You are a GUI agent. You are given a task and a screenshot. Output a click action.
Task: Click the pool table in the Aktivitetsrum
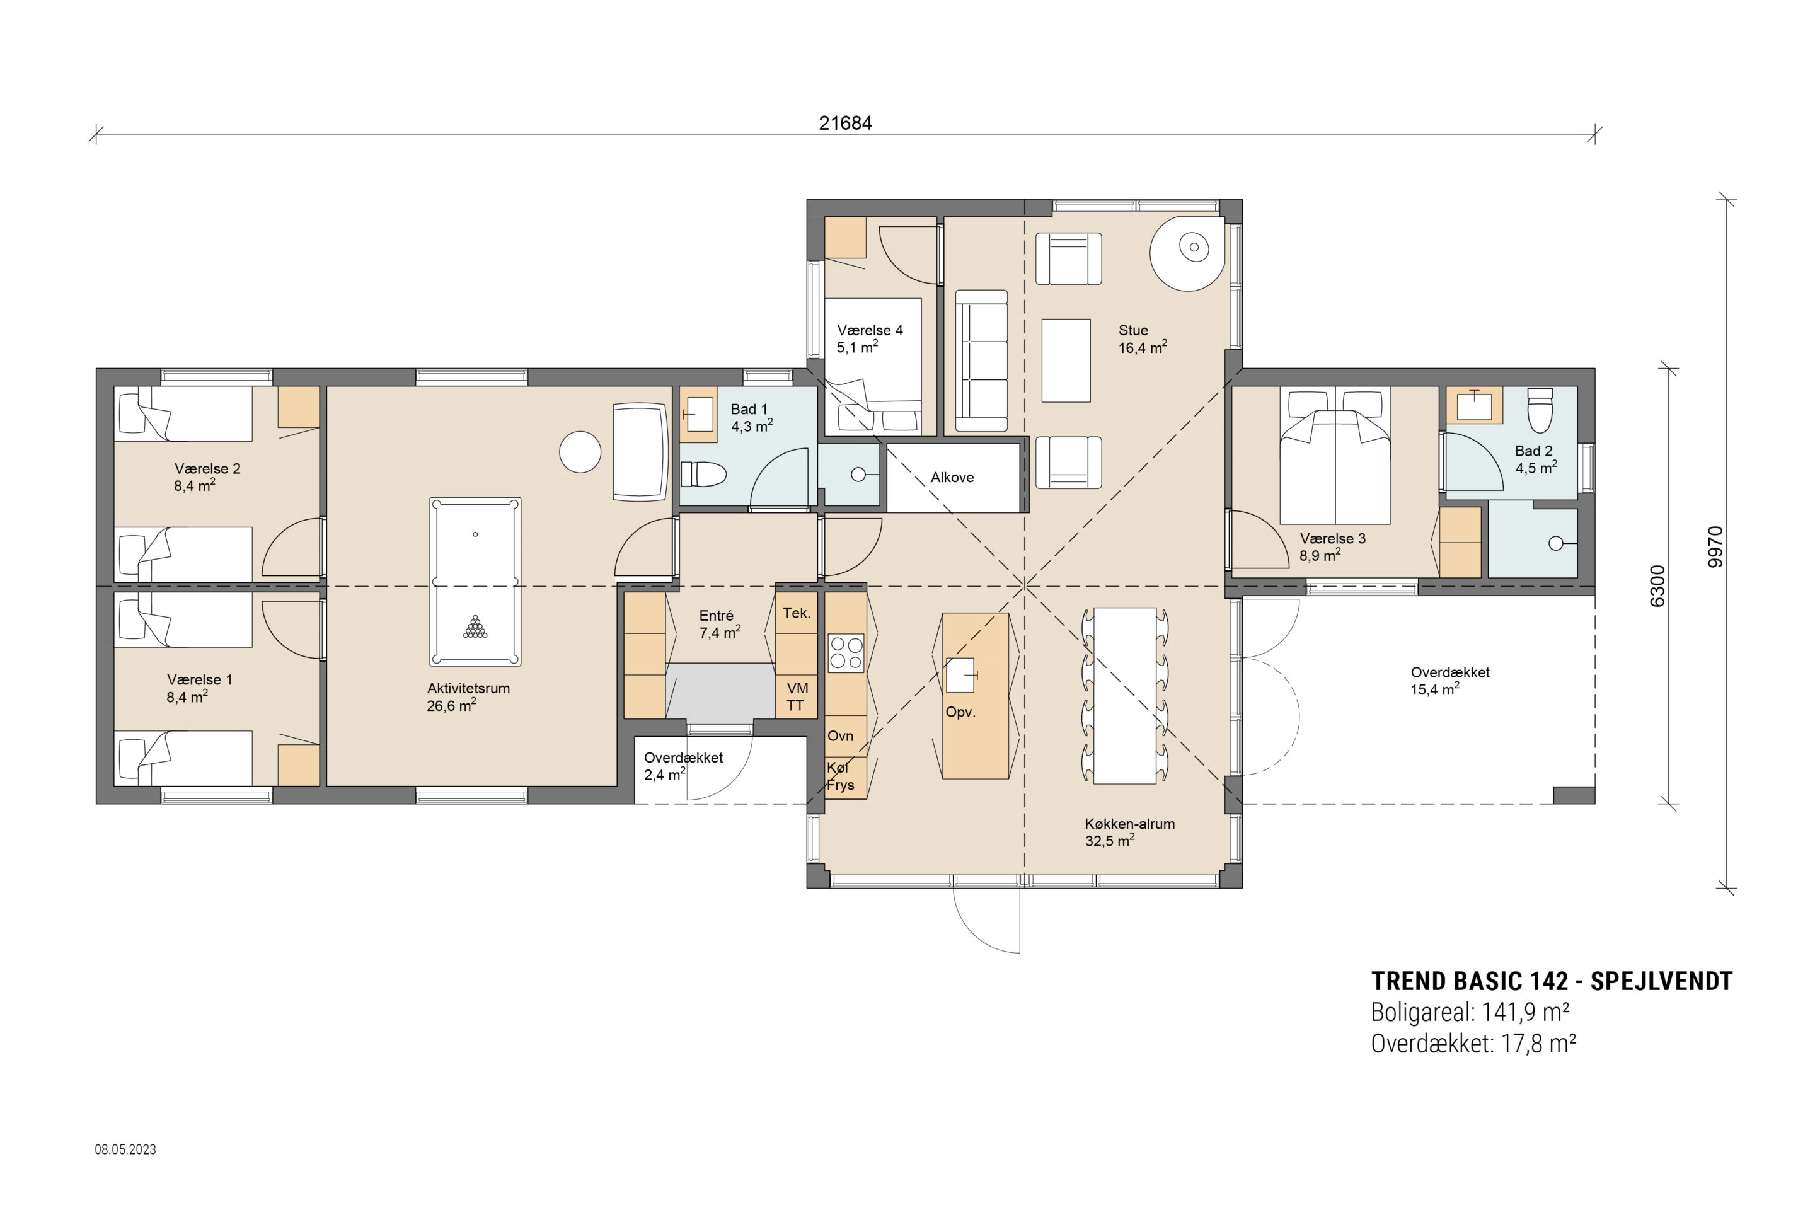475,582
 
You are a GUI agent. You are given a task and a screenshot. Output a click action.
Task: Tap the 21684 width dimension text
845,124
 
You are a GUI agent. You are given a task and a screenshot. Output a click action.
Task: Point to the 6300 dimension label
1657,587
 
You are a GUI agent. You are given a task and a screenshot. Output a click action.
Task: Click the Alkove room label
952,478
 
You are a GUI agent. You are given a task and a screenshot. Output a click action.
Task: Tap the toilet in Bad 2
1540,410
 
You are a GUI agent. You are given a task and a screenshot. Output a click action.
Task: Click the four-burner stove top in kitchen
846,653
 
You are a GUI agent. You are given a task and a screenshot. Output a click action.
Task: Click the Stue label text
1133,330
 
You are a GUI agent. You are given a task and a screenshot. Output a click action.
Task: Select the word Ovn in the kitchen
840,736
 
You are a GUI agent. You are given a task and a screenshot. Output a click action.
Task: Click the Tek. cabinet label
797,613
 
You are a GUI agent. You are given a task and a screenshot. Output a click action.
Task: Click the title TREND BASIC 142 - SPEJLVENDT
1552,982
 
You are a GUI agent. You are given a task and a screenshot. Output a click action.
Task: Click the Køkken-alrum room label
1130,824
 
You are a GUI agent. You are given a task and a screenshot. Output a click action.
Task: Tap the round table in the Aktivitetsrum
580,451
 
